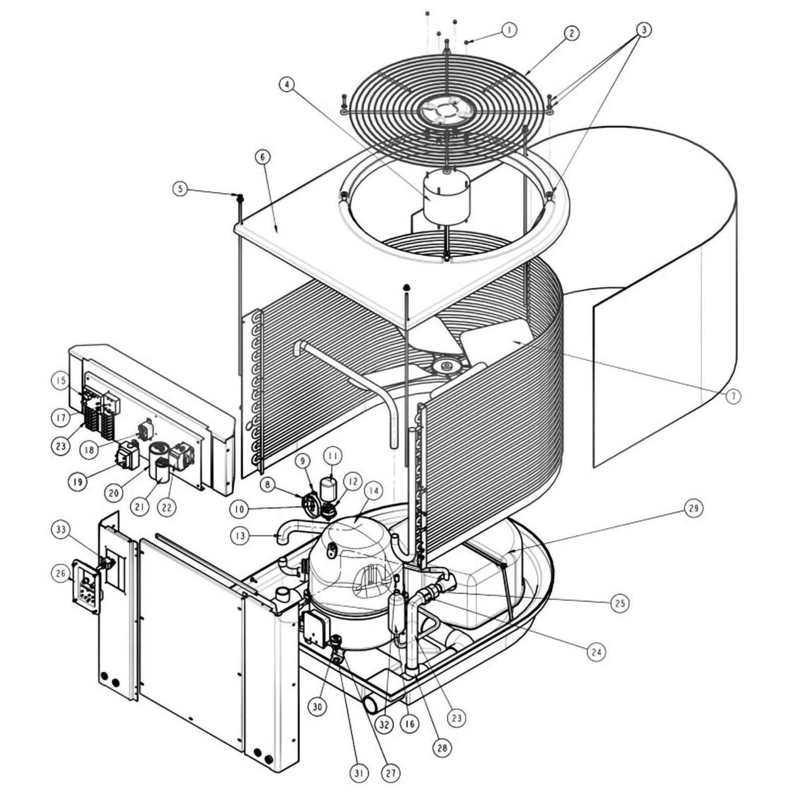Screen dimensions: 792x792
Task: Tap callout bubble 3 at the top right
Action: click(643, 30)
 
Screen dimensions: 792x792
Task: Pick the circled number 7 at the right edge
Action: click(733, 396)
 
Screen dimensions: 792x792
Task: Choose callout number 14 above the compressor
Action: click(373, 491)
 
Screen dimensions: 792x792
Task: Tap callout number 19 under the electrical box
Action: click(78, 483)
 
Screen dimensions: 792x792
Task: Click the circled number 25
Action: click(620, 602)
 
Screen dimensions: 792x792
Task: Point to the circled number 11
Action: click(333, 455)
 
